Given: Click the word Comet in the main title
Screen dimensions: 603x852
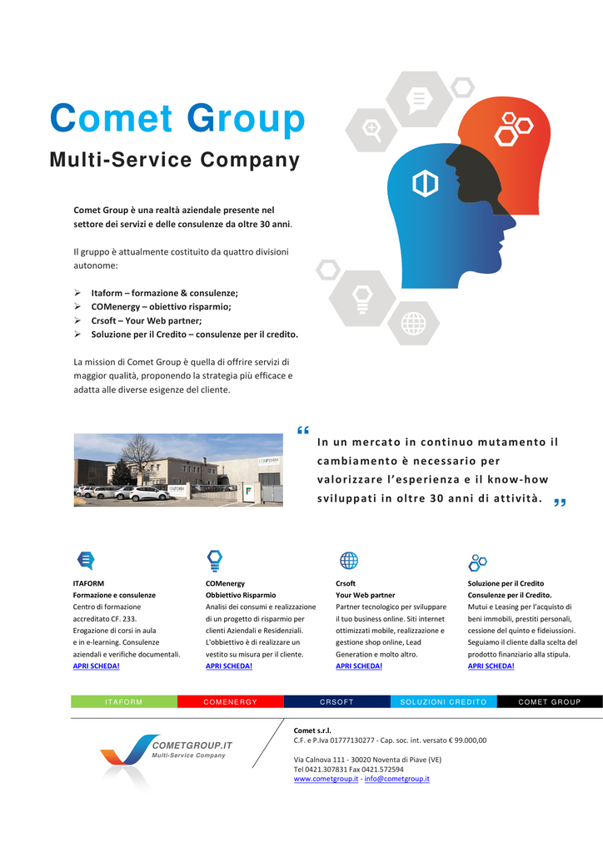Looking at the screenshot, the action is pos(112,118).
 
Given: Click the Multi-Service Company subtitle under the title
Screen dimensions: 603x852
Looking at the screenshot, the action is pos(175,160).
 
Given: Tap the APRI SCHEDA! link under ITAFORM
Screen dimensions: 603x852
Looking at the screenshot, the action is pos(97,666).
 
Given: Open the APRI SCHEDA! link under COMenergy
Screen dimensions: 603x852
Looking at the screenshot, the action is pos(229,666).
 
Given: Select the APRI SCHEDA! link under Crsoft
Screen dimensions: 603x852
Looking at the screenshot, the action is pos(359,666).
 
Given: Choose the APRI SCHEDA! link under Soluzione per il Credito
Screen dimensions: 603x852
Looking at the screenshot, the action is pos(491,666).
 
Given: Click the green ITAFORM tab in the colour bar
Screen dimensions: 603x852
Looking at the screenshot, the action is pos(124,701).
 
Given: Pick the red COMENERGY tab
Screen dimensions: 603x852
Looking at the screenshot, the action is pos(231,701).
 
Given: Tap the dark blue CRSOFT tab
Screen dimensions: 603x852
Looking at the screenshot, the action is pos(337,701).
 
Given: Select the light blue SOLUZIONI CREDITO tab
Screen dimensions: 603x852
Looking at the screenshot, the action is pos(444,701).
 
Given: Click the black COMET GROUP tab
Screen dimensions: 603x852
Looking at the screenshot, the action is pos(550,701).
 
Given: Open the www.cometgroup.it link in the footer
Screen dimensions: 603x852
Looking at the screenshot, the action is pos(326,779).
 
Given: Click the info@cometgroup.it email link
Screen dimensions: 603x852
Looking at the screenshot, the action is pos(397,779).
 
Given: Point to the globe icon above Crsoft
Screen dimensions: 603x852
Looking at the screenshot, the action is pos(348,560).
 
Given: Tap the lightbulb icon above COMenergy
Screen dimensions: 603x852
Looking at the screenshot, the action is pos(215,560).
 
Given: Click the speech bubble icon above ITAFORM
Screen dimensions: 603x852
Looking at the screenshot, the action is pos(86,560).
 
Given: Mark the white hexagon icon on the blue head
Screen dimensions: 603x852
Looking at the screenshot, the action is pos(426,183).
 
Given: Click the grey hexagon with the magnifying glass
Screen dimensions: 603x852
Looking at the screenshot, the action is pos(371,130).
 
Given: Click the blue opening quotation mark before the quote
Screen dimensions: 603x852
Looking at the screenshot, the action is pos(303,430).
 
